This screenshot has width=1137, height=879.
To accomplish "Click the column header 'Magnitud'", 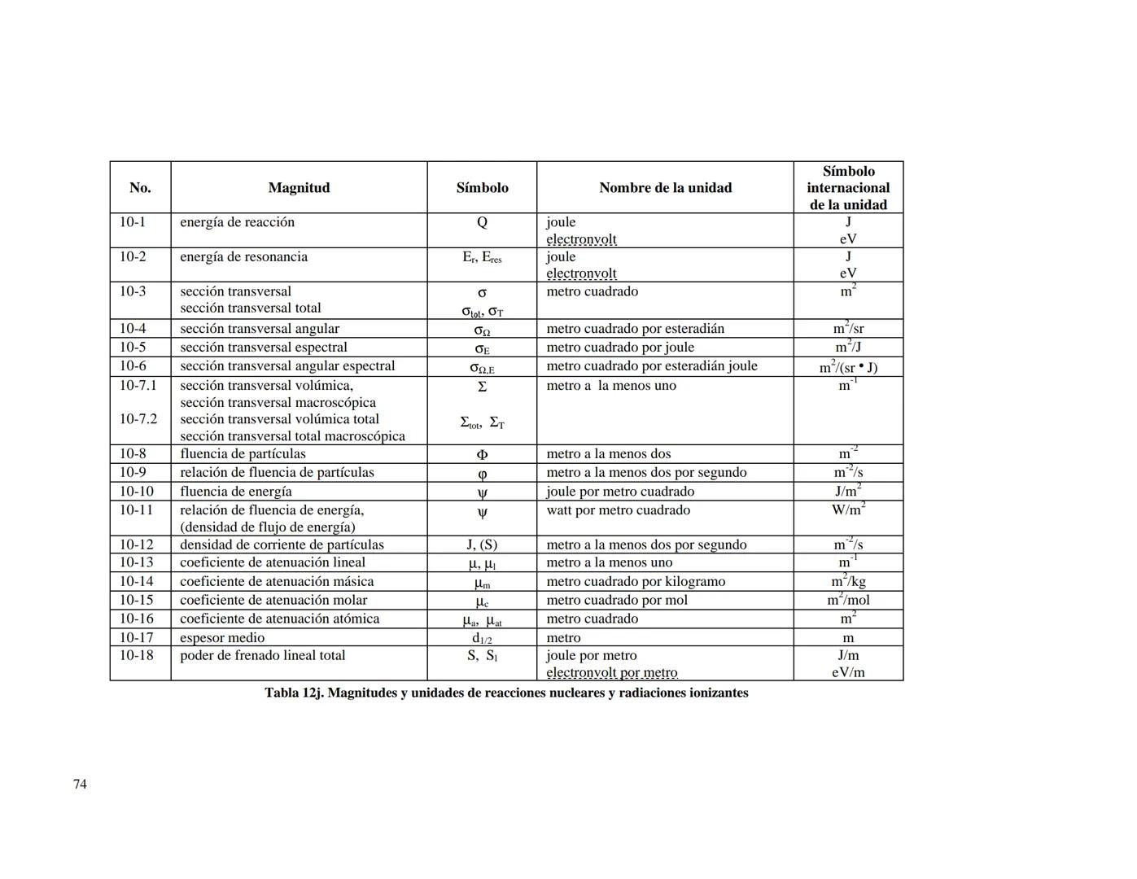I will pyautogui.click(x=299, y=188).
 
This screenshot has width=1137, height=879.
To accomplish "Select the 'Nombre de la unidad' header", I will pyautogui.click(x=665, y=188).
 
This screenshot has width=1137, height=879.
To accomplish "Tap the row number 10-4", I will pyautogui.click(x=133, y=329).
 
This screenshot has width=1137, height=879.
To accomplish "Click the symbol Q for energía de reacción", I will pyautogui.click(x=482, y=223).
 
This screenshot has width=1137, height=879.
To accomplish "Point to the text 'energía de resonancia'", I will pyautogui.click(x=243, y=257).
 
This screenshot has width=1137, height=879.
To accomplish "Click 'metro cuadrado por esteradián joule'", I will pyautogui.click(x=651, y=366).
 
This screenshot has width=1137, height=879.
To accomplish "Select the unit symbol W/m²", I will pyautogui.click(x=848, y=509).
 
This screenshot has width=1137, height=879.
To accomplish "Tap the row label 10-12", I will pyautogui.click(x=136, y=544).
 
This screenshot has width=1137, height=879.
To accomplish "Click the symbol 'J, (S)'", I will pyautogui.click(x=482, y=544).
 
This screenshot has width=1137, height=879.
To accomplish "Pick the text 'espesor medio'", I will pyautogui.click(x=222, y=638).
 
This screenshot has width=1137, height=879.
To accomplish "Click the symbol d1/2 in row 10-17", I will pyautogui.click(x=482, y=639).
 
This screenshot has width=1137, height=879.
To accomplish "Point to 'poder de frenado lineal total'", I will pyautogui.click(x=262, y=656).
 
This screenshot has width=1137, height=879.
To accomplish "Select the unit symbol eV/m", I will pyautogui.click(x=848, y=673).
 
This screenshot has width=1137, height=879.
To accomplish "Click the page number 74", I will pyautogui.click(x=80, y=785).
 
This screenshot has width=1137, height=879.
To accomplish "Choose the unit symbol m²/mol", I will pyautogui.click(x=848, y=600).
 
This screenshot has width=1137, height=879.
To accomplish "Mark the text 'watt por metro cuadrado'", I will pyautogui.click(x=618, y=510).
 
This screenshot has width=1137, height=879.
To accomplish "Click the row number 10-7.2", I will pyautogui.click(x=138, y=419).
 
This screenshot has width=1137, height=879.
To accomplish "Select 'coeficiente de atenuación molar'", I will pyautogui.click(x=273, y=601).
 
